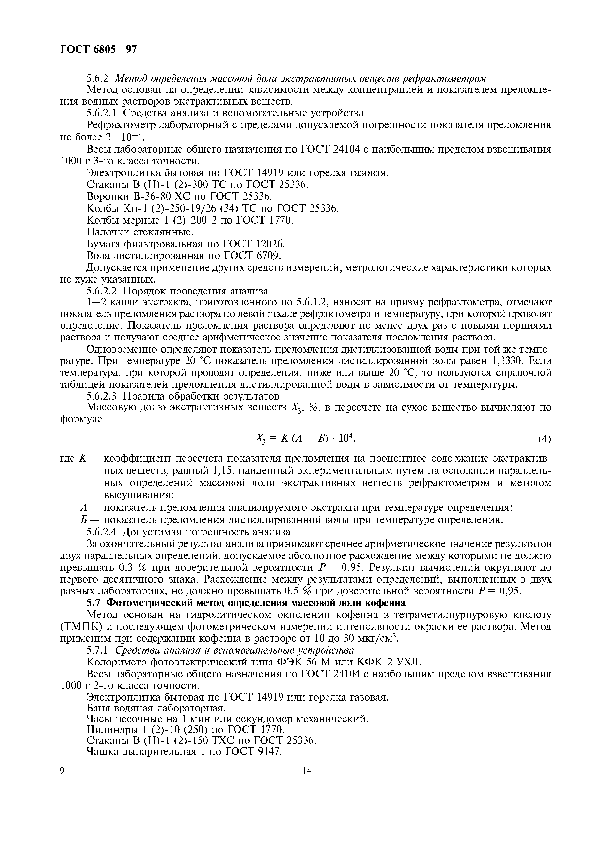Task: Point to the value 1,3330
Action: point(509,361)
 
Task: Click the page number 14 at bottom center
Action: point(306,771)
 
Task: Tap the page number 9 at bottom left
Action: point(63,771)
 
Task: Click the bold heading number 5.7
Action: point(94,603)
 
